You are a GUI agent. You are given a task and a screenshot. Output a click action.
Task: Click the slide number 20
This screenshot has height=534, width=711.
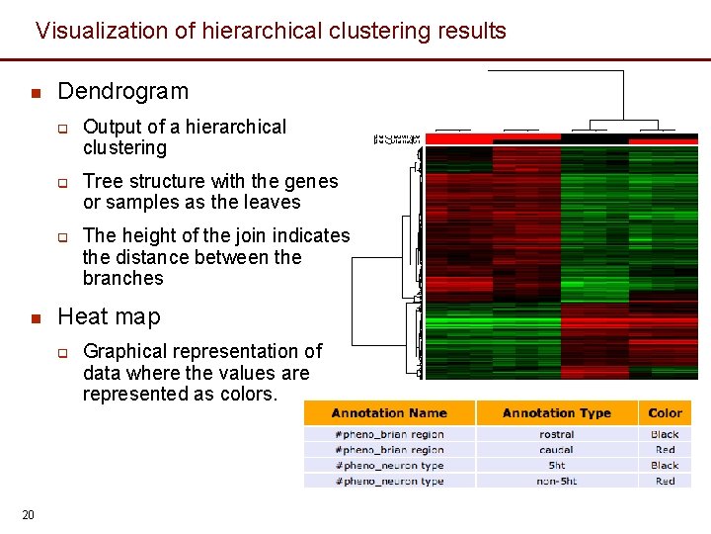pos(29,514)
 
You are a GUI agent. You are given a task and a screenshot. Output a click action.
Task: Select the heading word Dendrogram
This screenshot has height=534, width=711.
pos(122,92)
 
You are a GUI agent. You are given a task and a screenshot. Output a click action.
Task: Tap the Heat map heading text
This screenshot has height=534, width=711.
pos(109,317)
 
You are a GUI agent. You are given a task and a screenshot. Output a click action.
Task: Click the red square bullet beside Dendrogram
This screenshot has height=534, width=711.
pos(35,94)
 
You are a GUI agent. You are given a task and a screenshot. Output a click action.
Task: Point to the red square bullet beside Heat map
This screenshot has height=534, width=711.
pos(35,318)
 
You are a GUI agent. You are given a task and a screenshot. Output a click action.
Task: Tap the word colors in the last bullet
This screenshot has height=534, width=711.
pos(249,395)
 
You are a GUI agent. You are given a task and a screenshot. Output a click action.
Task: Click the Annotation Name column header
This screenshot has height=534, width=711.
pos(389,413)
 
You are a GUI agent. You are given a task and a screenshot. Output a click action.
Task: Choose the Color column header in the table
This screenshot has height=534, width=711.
pos(666,413)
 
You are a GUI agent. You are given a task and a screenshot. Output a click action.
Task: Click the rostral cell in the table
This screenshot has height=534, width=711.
pos(557,434)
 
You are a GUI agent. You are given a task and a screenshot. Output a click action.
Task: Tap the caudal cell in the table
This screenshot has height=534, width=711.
pos(557,450)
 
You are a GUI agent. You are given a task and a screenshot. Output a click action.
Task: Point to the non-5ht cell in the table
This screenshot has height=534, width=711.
pos(557,482)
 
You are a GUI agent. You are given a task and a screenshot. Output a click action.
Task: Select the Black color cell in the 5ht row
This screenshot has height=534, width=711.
pos(666,466)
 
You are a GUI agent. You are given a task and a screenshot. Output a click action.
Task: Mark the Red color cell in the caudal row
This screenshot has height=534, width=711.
pos(666,450)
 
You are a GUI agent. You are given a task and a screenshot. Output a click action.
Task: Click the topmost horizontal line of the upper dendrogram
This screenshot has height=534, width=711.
pos(556,71)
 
